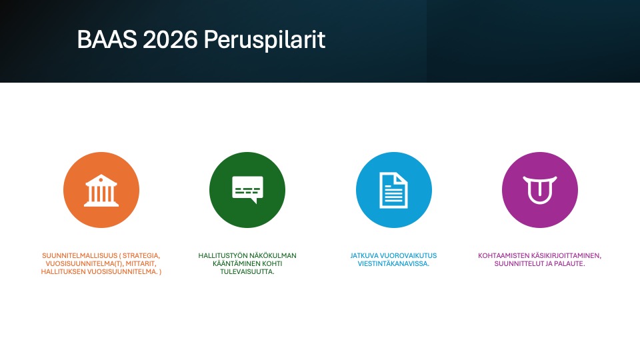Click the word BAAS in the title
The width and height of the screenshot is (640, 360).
coord(107,39)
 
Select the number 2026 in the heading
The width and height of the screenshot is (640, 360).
coord(170,39)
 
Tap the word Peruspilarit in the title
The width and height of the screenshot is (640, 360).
coord(265,40)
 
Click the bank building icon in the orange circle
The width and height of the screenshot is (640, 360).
coord(101,191)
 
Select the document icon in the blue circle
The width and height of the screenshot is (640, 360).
coord(393,190)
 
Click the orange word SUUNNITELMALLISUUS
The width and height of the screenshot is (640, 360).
coord(79,255)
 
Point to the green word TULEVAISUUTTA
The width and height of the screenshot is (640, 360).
coord(247,272)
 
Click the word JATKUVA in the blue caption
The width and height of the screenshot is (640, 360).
coord(364,255)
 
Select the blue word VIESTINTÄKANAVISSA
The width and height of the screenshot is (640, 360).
coord(393,264)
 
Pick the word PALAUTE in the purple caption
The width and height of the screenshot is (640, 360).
coord(569,264)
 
